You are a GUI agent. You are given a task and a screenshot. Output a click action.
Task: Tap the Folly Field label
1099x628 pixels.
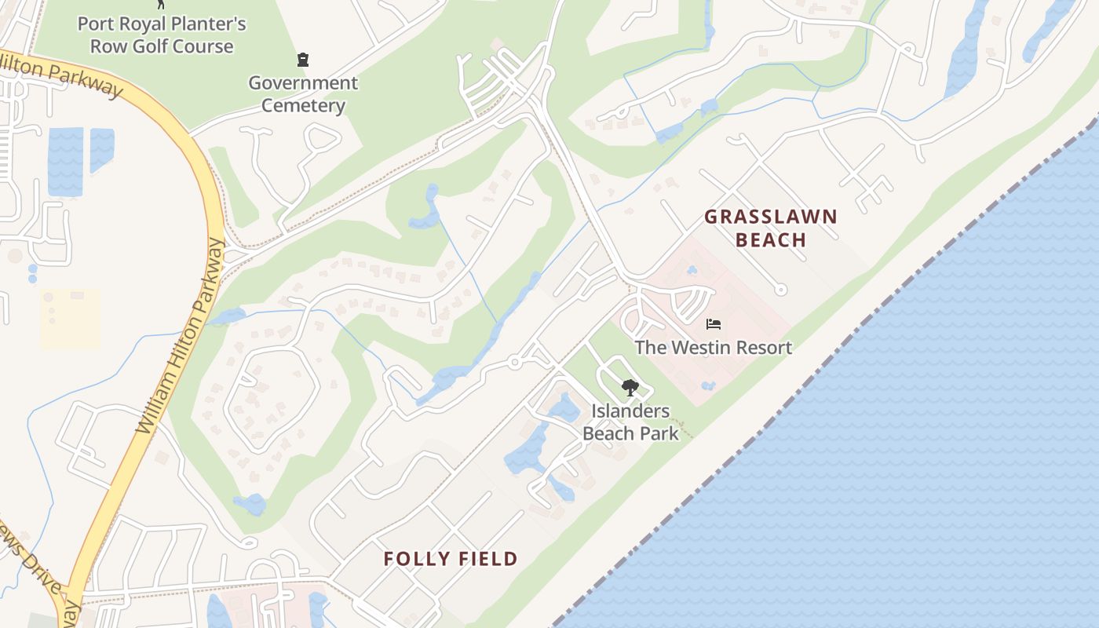point(451,559)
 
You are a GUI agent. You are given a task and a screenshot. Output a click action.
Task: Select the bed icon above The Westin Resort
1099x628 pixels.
point(713,323)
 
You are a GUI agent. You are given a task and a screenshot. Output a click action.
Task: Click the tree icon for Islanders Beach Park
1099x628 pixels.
point(630,387)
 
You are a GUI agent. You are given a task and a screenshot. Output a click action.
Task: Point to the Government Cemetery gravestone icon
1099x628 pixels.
point(303,60)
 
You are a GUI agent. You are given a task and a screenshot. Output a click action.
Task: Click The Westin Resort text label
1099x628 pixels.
point(713,347)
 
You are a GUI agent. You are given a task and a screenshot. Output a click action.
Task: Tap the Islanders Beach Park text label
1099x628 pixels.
point(630,422)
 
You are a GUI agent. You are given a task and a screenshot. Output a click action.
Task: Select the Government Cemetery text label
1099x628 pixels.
point(303,94)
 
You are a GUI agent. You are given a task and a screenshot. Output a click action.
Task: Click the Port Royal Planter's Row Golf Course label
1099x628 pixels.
point(162,35)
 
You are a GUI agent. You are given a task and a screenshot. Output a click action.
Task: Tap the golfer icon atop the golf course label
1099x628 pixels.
point(162,3)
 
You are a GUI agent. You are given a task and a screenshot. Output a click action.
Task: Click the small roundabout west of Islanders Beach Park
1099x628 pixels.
point(515,362)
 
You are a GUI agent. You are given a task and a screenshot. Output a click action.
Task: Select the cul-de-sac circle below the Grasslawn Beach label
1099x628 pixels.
point(780,290)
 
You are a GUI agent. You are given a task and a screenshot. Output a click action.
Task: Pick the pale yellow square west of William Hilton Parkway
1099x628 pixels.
point(70,318)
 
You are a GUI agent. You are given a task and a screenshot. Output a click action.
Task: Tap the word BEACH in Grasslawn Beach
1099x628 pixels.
point(771,240)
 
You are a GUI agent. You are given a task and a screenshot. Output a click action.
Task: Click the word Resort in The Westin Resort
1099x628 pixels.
point(763,347)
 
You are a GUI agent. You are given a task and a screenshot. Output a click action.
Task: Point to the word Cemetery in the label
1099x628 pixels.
point(303,106)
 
